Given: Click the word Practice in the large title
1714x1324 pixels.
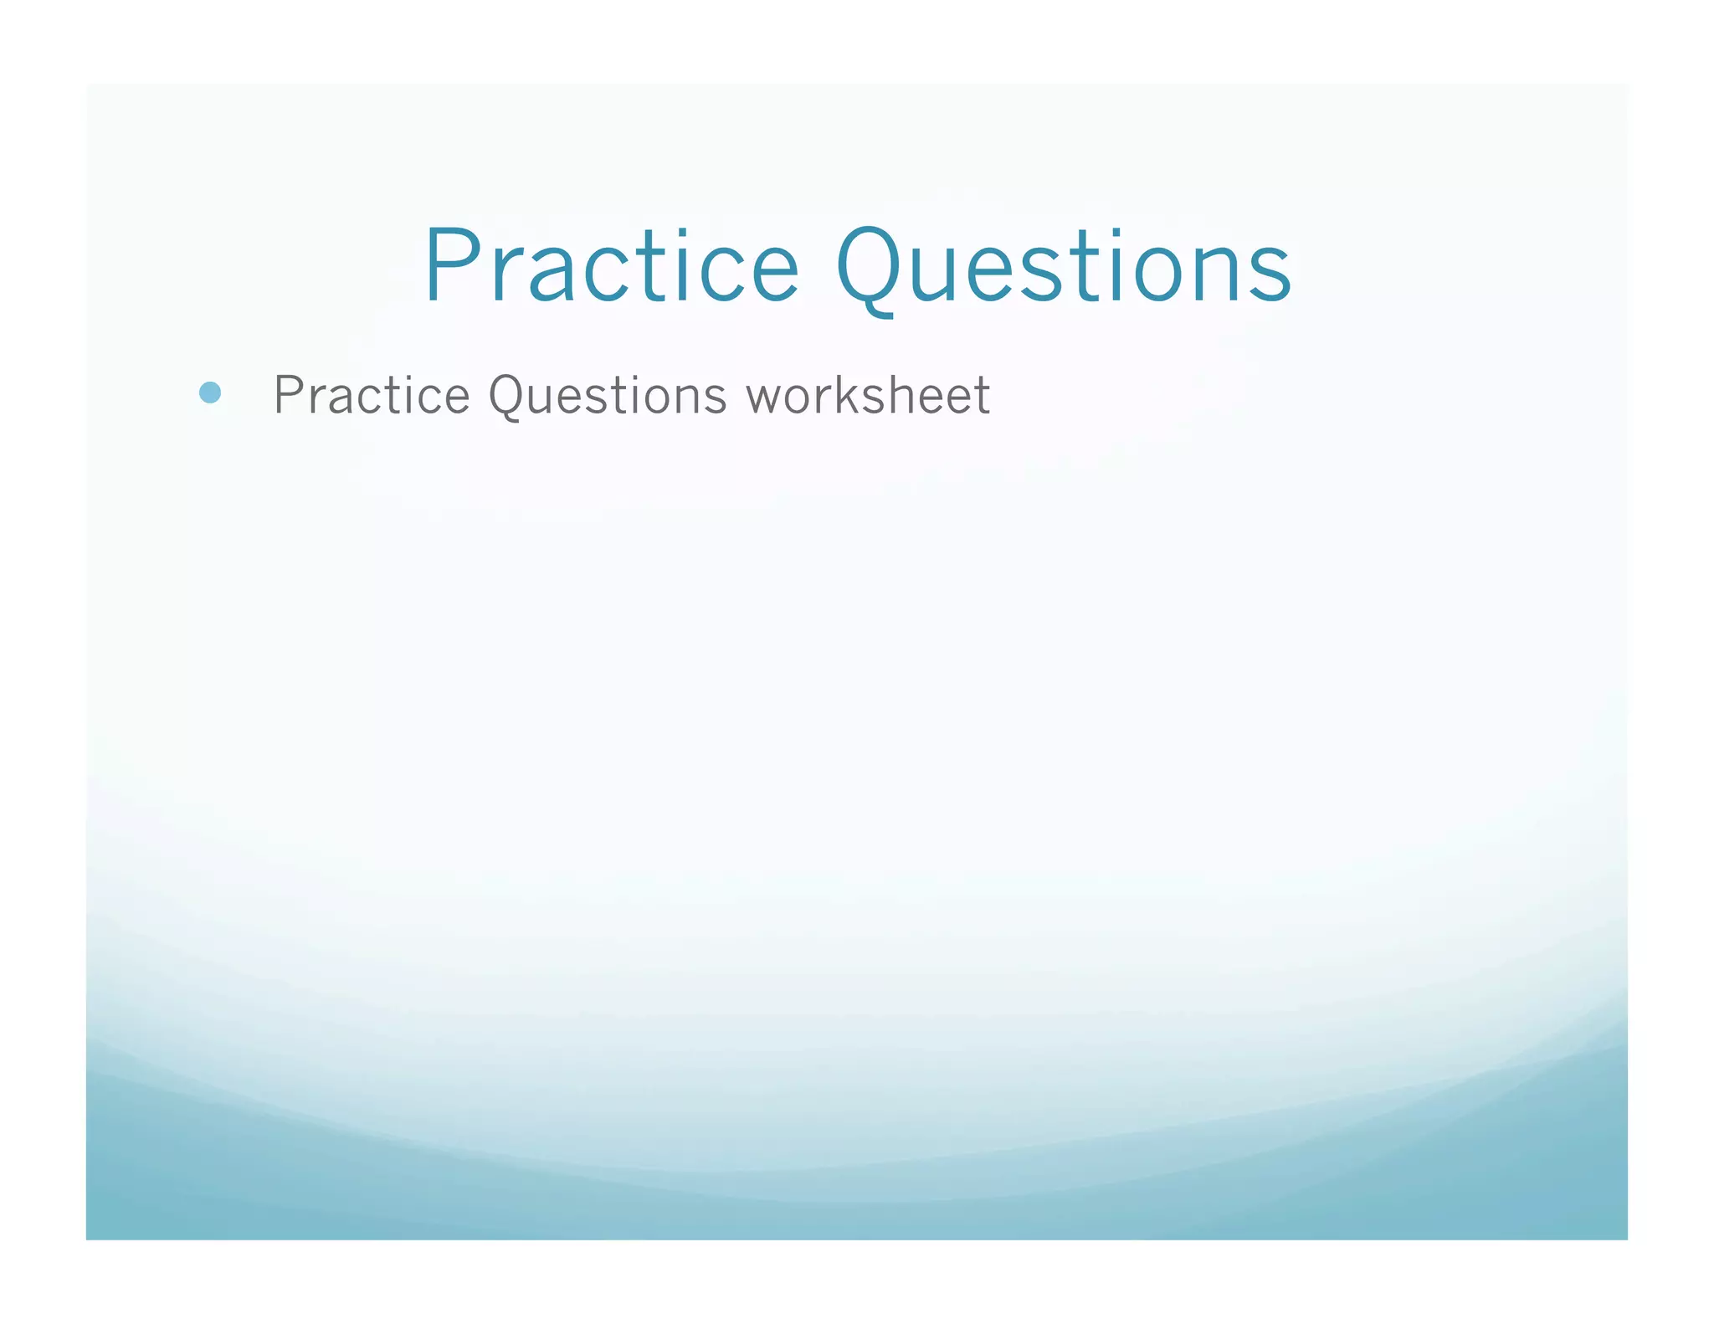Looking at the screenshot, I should [612, 266].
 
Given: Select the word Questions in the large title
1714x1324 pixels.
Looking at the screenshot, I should [1064, 266].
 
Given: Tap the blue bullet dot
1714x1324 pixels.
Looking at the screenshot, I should [210, 393].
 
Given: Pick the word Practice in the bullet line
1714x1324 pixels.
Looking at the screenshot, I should [372, 395].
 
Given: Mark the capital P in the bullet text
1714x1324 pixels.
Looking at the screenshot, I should [289, 395].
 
